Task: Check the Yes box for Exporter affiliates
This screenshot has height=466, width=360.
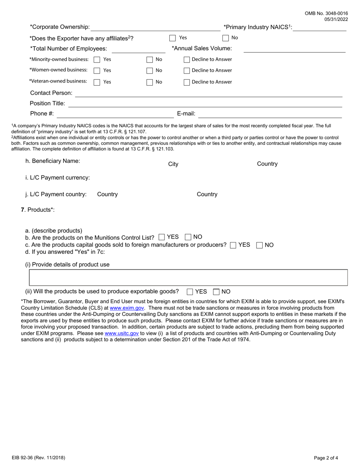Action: click(x=172, y=38)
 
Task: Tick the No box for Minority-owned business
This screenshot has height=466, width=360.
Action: click(x=150, y=59)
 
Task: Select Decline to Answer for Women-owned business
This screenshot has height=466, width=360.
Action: click(x=187, y=70)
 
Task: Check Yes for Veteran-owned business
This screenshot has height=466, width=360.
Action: click(x=97, y=82)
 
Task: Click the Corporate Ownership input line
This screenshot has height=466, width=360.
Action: click(x=155, y=27)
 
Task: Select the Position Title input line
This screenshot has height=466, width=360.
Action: click(x=205, y=104)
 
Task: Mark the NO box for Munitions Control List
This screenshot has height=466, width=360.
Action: click(x=188, y=237)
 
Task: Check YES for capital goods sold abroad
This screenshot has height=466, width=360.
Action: click(x=233, y=245)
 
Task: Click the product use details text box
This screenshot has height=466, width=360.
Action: click(x=188, y=278)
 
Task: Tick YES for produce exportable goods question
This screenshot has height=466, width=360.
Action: click(x=190, y=292)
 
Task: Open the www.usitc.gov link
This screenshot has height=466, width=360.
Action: click(x=121, y=333)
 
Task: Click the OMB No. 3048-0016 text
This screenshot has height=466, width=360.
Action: click(x=326, y=13)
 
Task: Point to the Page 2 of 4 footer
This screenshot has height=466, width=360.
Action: click(x=326, y=458)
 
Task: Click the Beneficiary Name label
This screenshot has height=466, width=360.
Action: click(x=53, y=161)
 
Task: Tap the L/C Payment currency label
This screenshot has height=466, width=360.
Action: click(x=58, y=178)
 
